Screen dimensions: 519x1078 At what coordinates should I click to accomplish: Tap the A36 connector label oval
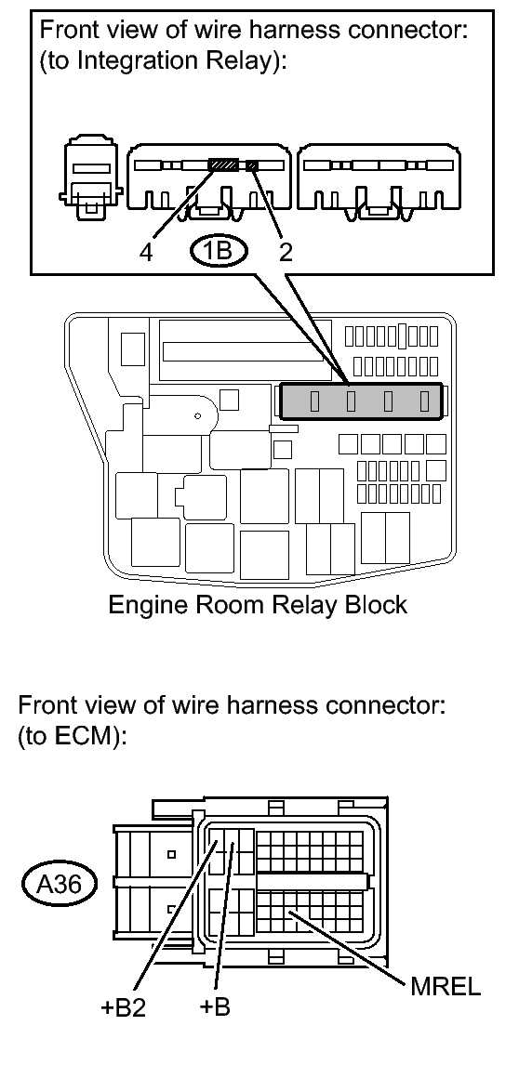pos(60,884)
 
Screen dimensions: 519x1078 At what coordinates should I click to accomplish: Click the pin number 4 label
pos(146,253)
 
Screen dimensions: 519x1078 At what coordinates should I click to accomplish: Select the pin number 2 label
pos(286,253)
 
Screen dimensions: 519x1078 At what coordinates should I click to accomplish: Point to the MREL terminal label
pos(446,988)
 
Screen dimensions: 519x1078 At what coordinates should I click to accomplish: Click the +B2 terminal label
pos(124,1008)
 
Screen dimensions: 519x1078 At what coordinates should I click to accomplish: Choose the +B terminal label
pos(215,1006)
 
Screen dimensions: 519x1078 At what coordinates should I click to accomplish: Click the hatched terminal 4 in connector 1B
pos(223,165)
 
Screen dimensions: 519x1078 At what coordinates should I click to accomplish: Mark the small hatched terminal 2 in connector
pos(253,165)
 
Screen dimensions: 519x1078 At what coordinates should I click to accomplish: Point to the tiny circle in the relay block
pos(197,416)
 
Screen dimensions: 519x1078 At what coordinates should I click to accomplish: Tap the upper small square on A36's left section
pos(171,855)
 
